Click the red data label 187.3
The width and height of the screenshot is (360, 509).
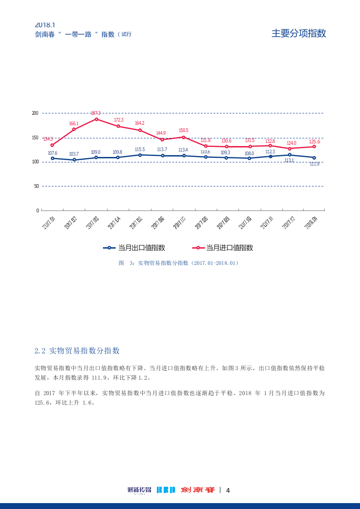(x=95, y=113)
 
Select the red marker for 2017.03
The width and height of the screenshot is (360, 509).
(x=97, y=119)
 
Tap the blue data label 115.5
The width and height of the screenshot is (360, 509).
(x=140, y=150)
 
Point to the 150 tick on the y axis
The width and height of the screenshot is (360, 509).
(x=35, y=137)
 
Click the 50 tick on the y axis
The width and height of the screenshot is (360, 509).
(x=36, y=186)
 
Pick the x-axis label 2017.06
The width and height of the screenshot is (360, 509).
(x=158, y=222)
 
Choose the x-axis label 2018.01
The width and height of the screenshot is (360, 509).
(x=311, y=222)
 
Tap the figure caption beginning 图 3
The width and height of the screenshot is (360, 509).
(x=179, y=263)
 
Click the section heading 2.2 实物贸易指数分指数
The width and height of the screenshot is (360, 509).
(x=77, y=351)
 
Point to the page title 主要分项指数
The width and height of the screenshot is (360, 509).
(x=299, y=33)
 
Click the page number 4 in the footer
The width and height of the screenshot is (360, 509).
(x=228, y=490)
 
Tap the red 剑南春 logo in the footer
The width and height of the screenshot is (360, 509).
(x=198, y=490)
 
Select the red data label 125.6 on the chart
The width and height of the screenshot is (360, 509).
(x=314, y=142)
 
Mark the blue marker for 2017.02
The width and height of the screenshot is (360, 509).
(x=74, y=160)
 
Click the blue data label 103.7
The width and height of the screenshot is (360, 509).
(x=74, y=154)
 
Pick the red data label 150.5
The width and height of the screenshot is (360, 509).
(x=183, y=131)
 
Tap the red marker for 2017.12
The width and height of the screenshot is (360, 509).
(x=290, y=148)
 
